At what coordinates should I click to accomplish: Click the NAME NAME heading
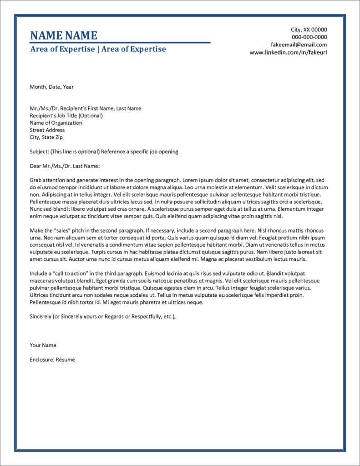click(x=63, y=35)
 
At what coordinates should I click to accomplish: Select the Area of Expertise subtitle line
click(x=98, y=49)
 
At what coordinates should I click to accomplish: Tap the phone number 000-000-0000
click(x=309, y=37)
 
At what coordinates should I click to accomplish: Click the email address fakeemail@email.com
click(x=299, y=45)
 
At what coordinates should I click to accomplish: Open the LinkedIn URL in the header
click(x=288, y=52)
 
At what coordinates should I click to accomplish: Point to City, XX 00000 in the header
click(x=309, y=30)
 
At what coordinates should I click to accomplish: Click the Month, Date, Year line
click(x=51, y=87)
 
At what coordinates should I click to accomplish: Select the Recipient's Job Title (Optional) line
click(x=66, y=116)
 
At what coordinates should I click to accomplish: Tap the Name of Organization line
click(x=56, y=123)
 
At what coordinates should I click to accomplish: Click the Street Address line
click(x=47, y=130)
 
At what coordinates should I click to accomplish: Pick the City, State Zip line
click(x=47, y=137)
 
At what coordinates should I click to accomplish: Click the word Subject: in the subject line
click(x=39, y=152)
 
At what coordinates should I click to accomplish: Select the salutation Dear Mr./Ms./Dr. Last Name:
click(x=64, y=166)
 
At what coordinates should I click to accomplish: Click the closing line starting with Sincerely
click(x=102, y=316)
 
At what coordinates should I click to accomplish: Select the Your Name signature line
click(x=43, y=345)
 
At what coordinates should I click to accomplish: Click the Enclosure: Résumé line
click(x=52, y=360)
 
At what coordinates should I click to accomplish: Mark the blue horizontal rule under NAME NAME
click(x=120, y=43)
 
